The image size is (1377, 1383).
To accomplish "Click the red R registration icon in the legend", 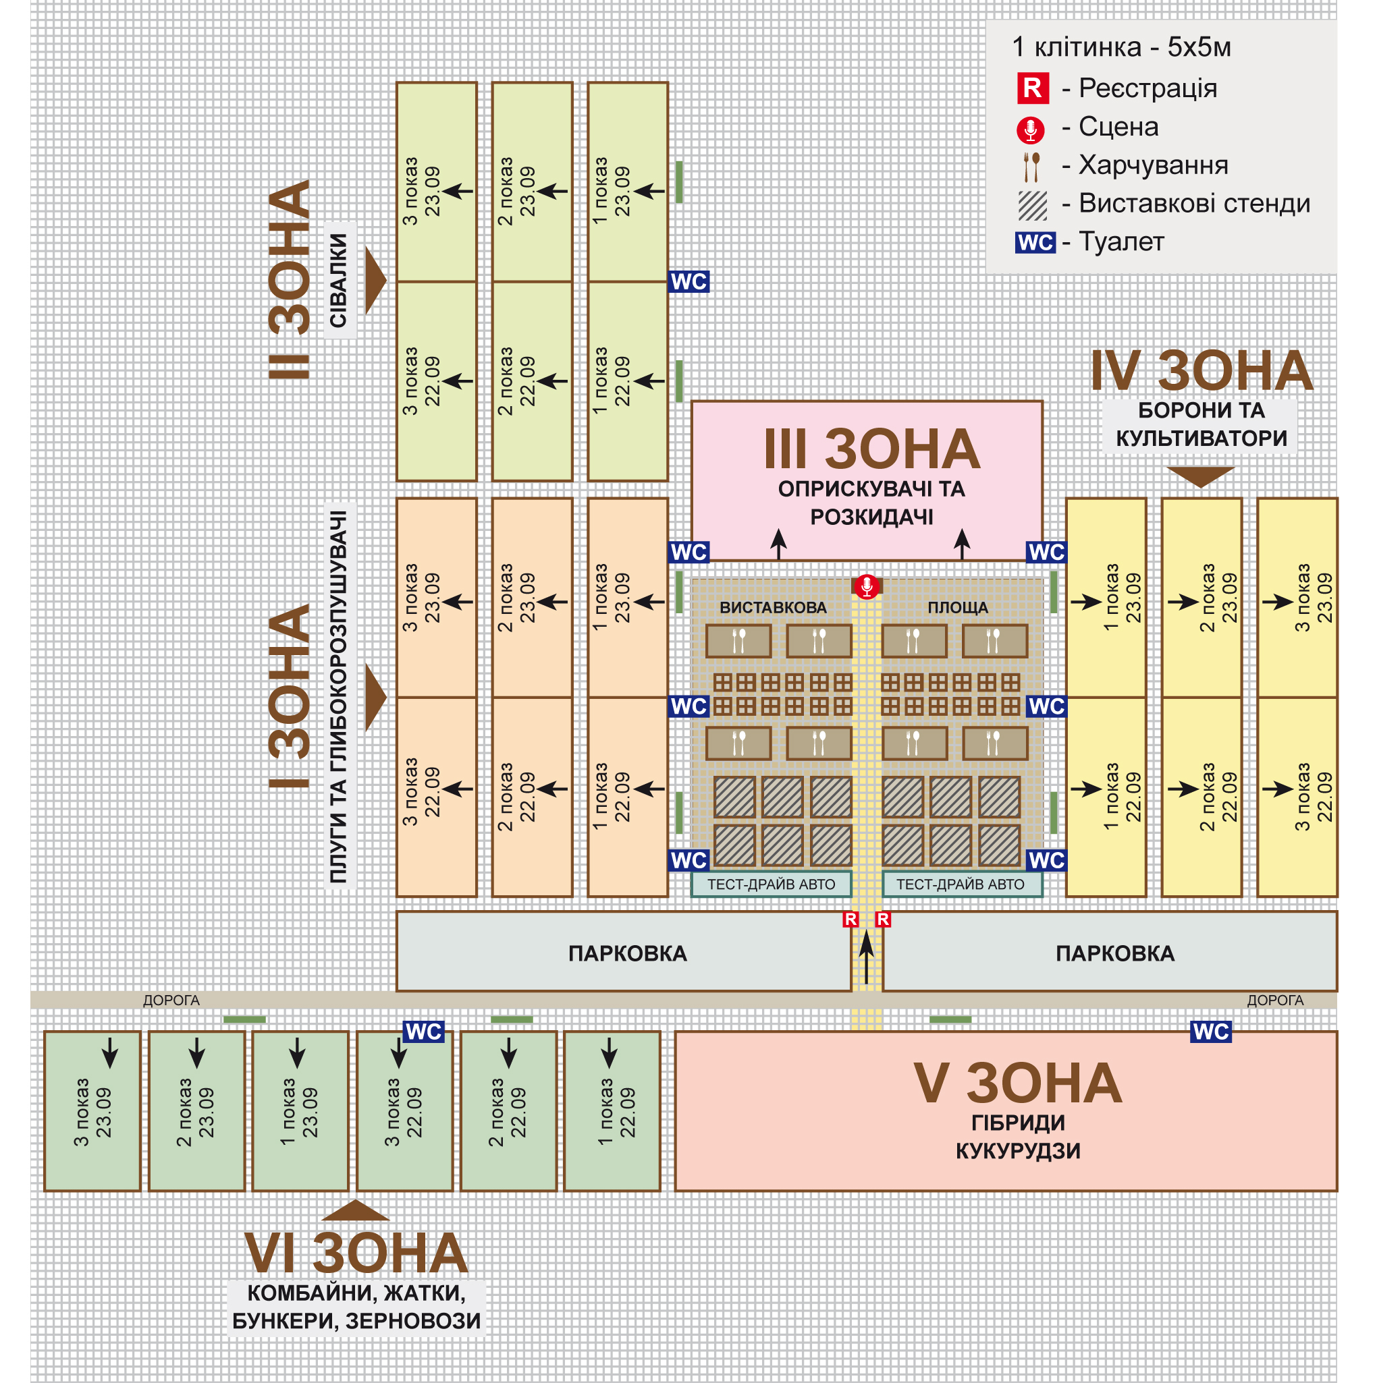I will tap(1032, 88).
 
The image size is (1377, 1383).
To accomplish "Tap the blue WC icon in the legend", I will tap(1035, 243).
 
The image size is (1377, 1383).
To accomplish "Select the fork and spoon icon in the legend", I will tap(1031, 166).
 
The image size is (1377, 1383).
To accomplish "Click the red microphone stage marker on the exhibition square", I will tap(867, 586).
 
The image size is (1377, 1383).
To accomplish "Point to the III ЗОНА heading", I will tap(871, 449).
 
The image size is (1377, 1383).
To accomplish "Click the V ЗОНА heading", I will tap(1017, 1083).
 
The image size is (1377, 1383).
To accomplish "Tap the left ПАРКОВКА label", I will tap(627, 953).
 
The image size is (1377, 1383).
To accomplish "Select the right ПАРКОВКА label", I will tap(1115, 953).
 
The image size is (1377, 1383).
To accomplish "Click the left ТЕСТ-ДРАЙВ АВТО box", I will tap(772, 884).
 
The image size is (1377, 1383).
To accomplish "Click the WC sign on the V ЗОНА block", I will tap(1210, 1032).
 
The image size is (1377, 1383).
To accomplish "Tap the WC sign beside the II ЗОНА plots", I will tap(689, 281).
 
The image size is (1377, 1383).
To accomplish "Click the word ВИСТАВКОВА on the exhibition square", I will tap(773, 608).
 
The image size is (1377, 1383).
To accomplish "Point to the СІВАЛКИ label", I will tap(338, 281).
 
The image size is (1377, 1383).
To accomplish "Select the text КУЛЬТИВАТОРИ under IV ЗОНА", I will tap(1201, 438).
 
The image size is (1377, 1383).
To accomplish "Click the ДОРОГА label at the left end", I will tap(171, 1000).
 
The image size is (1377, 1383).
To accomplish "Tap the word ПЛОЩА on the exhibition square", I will tap(957, 608).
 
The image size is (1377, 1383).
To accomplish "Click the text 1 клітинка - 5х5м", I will tap(1120, 47).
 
